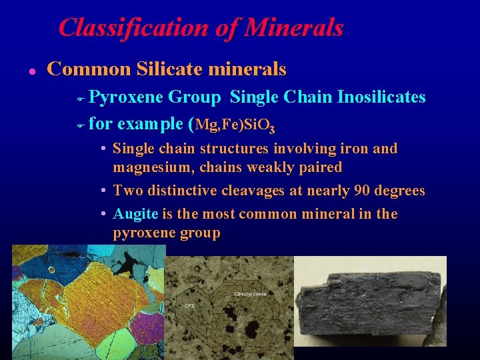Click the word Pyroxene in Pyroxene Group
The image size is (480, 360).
[125, 97]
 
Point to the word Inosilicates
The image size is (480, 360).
[381, 97]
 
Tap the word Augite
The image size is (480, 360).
[136, 214]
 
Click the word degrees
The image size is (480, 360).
[401, 191]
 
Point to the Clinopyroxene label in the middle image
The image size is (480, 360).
[251, 294]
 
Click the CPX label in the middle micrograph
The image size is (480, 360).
[190, 306]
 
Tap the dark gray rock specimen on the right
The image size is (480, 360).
[371, 307]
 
